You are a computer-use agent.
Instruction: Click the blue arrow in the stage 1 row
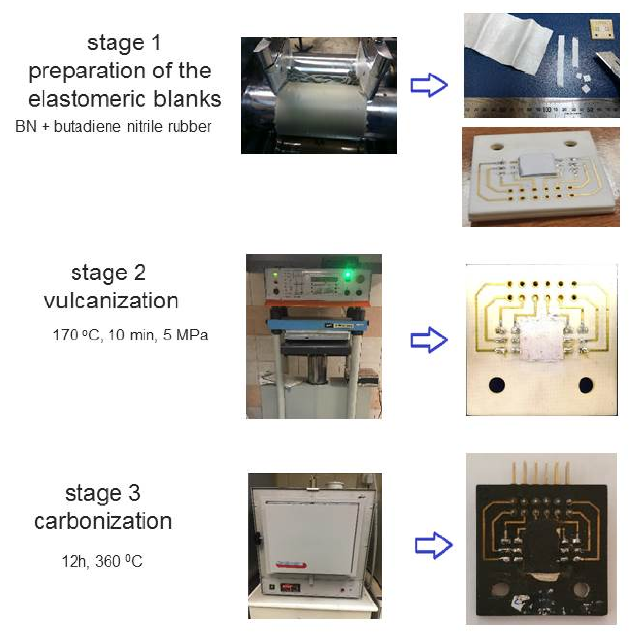point(429,85)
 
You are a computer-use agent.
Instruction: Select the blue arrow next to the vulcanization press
point(429,340)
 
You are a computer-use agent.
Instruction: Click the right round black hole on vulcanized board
point(586,385)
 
